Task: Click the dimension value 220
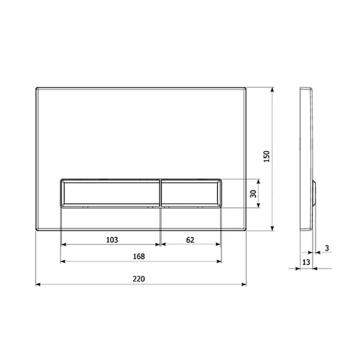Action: pos(139,279)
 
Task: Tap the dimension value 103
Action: pos(112,240)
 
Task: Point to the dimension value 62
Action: pos(190,240)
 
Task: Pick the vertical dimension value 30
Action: pos(252,193)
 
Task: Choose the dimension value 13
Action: pos(306,262)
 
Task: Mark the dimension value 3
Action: pos(327,248)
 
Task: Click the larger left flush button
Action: pos(112,193)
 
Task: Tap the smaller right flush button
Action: pos(191,193)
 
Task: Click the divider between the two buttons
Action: pos(161,193)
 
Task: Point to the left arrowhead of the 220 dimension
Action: pos(38,284)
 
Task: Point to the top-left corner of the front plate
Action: pos(37,87)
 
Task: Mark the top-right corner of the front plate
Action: pos(245,87)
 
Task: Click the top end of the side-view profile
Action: pos(303,87)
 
